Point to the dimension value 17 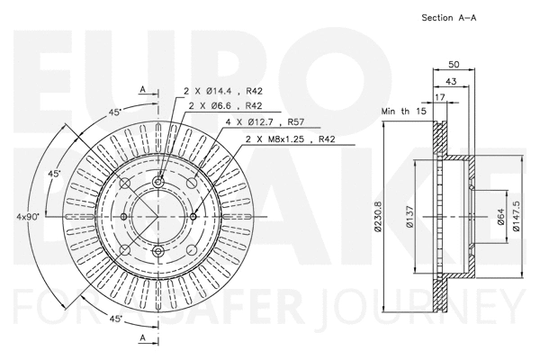439,96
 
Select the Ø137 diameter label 409,217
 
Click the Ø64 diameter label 501,217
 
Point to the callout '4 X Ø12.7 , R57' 267,121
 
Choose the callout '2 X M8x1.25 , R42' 290,139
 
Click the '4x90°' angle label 27,216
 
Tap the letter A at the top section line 142,88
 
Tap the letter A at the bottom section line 142,336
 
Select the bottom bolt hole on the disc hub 158,250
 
